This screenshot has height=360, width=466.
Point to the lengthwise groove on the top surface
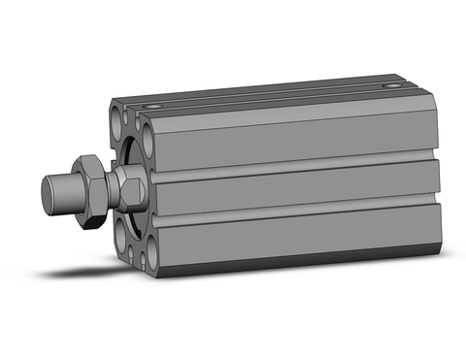click(x=272, y=96)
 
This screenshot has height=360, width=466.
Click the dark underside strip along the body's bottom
click(x=291, y=260)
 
